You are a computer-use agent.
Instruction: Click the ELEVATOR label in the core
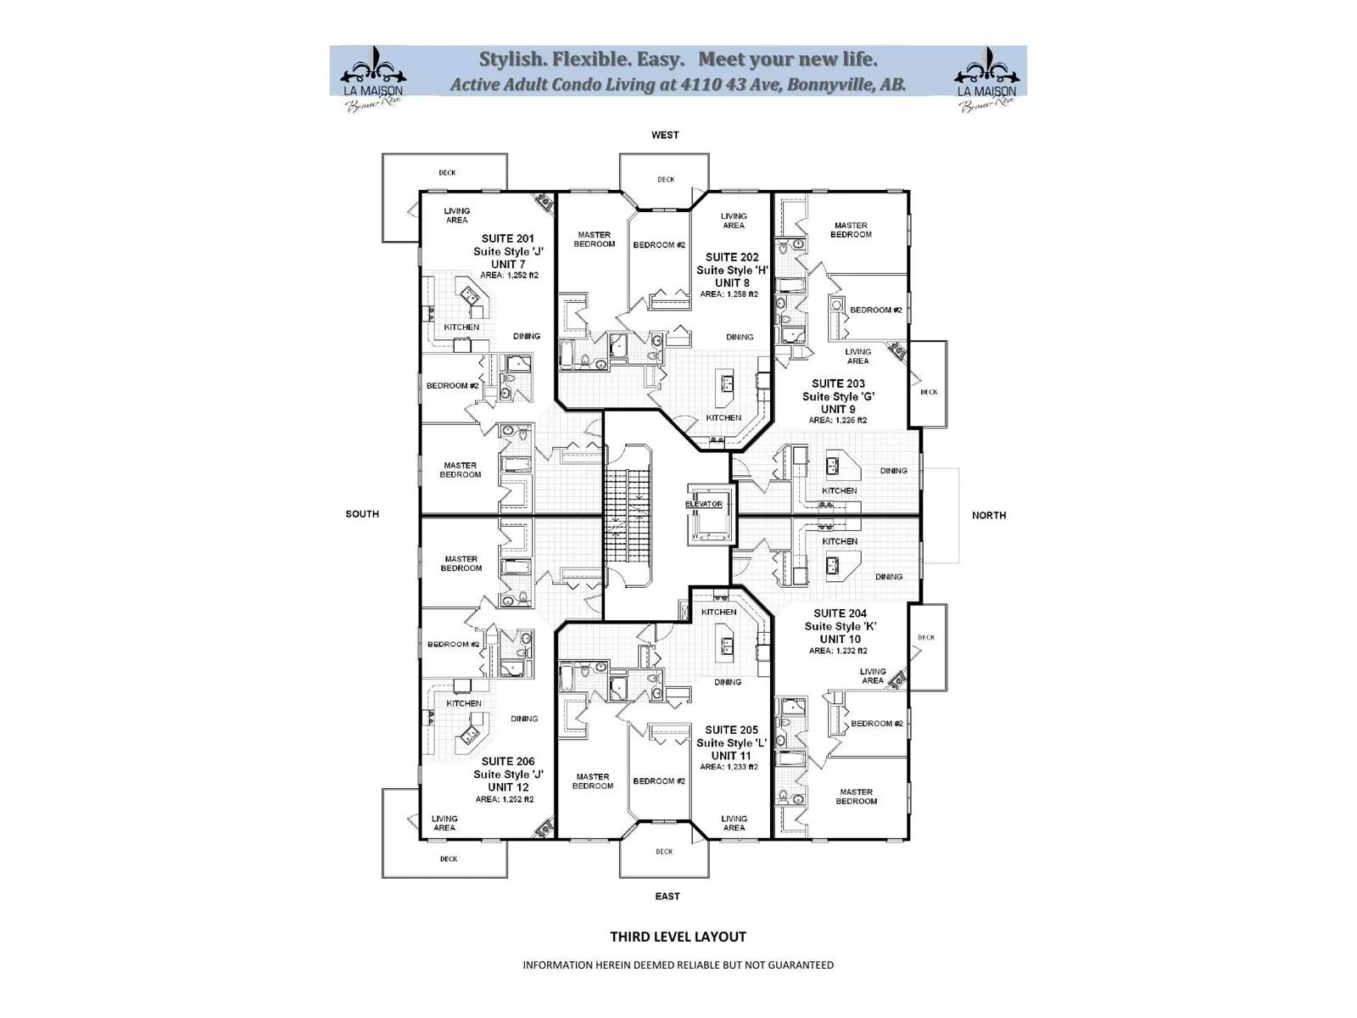pyautogui.click(x=704, y=504)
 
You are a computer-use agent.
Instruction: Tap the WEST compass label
pyautogui.click(x=665, y=135)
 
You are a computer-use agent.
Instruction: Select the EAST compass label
pyautogui.click(x=667, y=896)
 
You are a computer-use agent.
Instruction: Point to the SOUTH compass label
pyautogui.click(x=362, y=514)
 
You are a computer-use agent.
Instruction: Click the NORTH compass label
pyautogui.click(x=989, y=515)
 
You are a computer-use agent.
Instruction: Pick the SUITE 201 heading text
pyautogui.click(x=508, y=239)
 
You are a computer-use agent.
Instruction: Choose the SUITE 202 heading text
pyautogui.click(x=732, y=257)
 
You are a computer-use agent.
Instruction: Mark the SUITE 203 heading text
pyautogui.click(x=838, y=383)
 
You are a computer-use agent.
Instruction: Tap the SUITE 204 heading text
pyautogui.click(x=840, y=613)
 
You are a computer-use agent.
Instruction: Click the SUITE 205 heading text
pyautogui.click(x=731, y=730)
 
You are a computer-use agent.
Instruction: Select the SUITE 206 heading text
pyautogui.click(x=508, y=761)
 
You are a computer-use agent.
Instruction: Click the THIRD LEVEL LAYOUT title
pyautogui.click(x=678, y=937)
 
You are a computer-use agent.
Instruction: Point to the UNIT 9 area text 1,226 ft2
pyautogui.click(x=838, y=420)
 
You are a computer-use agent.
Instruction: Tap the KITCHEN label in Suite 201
pyautogui.click(x=461, y=327)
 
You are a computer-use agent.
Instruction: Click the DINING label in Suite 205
pyautogui.click(x=728, y=682)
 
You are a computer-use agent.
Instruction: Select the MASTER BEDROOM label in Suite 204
pyautogui.click(x=856, y=797)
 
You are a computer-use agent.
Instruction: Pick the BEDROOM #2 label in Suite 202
pyautogui.click(x=659, y=245)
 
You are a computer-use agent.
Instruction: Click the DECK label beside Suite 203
pyautogui.click(x=929, y=392)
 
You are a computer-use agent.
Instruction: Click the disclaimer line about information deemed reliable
pyautogui.click(x=678, y=965)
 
